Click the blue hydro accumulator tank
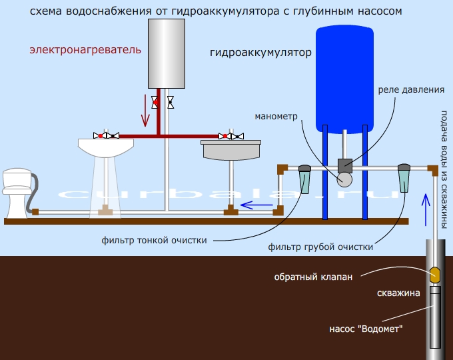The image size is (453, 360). pyautogui.click(x=344, y=76)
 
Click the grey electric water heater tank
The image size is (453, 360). pyautogui.click(x=165, y=53)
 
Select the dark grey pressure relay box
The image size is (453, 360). pyautogui.click(x=344, y=165)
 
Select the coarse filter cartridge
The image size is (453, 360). pyautogui.click(x=404, y=178)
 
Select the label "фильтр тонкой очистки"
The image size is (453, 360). pyautogui.click(x=155, y=240)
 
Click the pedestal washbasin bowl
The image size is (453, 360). pyautogui.click(x=106, y=146)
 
